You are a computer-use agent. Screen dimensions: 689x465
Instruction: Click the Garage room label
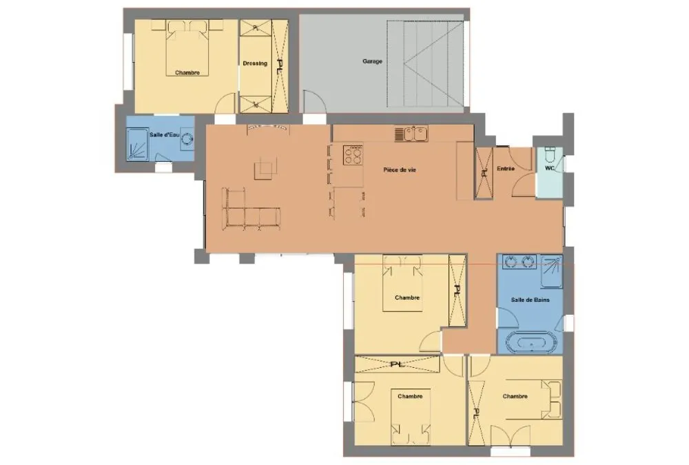(372, 61)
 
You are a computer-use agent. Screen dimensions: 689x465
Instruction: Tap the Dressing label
(255, 63)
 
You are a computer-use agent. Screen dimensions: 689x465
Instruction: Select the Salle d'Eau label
(165, 134)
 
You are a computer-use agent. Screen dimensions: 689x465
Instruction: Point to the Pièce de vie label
(400, 169)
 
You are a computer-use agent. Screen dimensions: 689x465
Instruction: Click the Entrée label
(505, 168)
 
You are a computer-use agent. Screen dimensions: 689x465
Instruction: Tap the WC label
(550, 168)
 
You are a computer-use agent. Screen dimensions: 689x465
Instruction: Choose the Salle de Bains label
(530, 300)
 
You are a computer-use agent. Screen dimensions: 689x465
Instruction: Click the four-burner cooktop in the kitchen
(353, 155)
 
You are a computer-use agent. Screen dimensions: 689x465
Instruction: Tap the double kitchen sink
(415, 134)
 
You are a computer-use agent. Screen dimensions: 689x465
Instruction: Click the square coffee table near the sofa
(265, 168)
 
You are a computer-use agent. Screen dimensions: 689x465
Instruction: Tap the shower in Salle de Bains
(551, 271)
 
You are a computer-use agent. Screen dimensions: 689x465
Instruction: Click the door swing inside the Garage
(315, 101)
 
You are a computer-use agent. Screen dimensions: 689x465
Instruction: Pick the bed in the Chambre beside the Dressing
(187, 48)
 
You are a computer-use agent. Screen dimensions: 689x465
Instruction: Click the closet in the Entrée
(484, 173)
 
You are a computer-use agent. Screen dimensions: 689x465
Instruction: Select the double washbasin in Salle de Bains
(520, 262)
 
